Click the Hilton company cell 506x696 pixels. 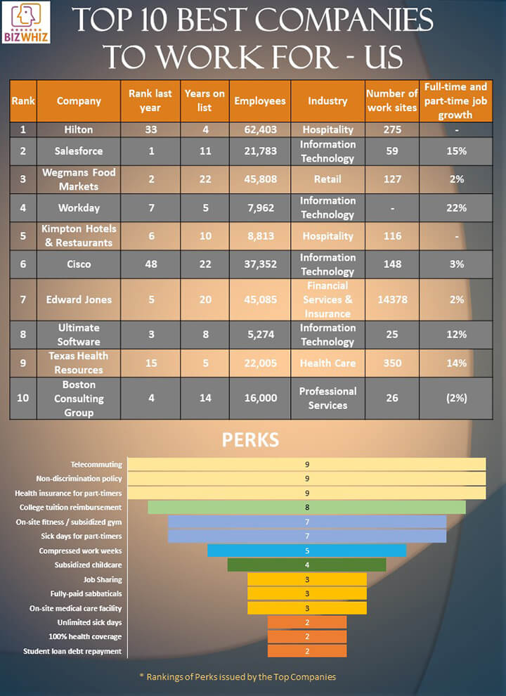79,129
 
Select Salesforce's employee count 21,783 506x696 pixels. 260,151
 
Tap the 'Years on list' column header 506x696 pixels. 205,101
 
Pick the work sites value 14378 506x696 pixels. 391,299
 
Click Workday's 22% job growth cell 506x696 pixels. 457,207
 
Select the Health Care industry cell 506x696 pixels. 327,363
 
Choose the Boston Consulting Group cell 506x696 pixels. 79,398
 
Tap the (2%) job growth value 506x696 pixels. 457,398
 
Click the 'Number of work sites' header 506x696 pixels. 391,101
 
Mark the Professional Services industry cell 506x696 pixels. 327,398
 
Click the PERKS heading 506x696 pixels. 251,441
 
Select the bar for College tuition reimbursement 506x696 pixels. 306,507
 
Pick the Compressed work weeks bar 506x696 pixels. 306,550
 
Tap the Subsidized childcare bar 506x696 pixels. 306,565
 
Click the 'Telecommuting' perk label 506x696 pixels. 97,464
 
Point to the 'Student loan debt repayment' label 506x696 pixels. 72,651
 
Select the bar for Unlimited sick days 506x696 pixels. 306,622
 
